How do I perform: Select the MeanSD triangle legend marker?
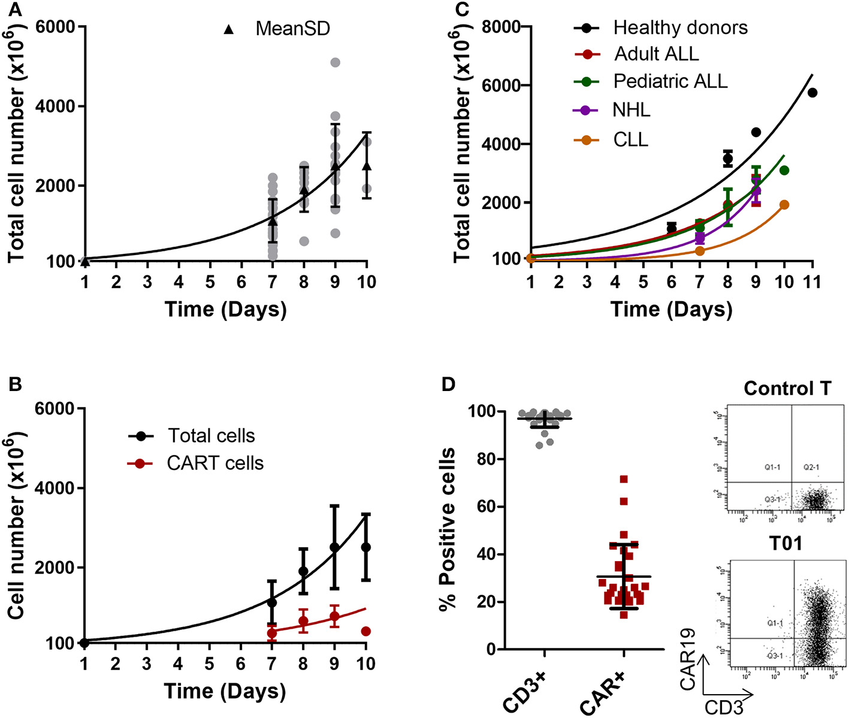pyautogui.click(x=228, y=29)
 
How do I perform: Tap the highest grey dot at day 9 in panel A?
pyautogui.click(x=335, y=62)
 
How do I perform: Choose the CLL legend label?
pyautogui.click(x=630, y=140)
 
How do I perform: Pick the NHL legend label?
pyautogui.click(x=631, y=110)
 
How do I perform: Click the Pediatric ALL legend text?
pyautogui.click(x=670, y=81)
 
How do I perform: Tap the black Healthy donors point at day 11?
pyautogui.click(x=812, y=92)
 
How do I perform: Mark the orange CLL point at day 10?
pyautogui.click(x=784, y=205)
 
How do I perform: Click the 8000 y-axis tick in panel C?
pyautogui.click(x=502, y=27)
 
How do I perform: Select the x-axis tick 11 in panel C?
pyautogui.click(x=812, y=282)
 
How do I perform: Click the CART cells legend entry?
pyautogui.click(x=215, y=463)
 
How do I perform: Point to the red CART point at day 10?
pyautogui.click(x=365, y=631)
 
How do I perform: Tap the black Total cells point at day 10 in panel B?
pyautogui.click(x=365, y=547)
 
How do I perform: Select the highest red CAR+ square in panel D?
pyautogui.click(x=624, y=479)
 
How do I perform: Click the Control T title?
pyautogui.click(x=787, y=389)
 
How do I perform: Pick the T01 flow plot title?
pyautogui.click(x=785, y=543)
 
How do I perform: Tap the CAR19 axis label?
pyautogui.click(x=688, y=659)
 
